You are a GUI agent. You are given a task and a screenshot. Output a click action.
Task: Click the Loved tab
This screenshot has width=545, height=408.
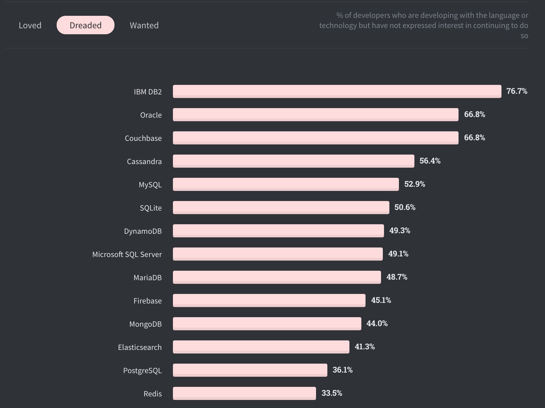pos(30,25)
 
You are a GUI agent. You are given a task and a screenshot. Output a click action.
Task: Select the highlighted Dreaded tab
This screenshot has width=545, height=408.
pos(86,25)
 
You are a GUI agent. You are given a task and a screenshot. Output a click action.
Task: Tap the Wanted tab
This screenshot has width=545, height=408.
pos(144,25)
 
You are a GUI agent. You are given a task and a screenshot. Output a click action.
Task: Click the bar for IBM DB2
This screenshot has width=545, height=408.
pos(337,91)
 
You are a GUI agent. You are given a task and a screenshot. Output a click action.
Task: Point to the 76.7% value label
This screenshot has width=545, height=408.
pos(517,91)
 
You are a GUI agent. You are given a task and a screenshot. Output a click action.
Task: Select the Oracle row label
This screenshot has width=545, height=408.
pos(151,115)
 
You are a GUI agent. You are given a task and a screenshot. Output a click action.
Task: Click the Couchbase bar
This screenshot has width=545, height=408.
pos(315,138)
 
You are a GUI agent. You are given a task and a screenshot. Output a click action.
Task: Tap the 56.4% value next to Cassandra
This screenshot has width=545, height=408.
pos(430,161)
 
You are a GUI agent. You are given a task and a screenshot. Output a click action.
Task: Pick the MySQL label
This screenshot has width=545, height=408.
pos(150,185)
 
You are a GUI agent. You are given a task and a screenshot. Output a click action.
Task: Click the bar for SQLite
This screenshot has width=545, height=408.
pos(281,207)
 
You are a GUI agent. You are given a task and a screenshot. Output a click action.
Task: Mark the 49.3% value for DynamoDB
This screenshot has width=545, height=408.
pos(400,231)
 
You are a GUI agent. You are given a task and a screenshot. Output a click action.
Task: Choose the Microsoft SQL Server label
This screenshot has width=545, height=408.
pos(127,254)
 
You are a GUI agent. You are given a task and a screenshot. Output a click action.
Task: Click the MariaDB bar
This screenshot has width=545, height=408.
pos(277,277)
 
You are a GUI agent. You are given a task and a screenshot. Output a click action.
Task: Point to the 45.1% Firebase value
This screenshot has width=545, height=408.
pos(381,300)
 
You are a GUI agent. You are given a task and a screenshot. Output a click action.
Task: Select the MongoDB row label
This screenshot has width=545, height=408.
pos(145,324)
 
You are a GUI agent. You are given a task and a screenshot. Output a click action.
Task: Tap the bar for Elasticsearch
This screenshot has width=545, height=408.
pos(261,347)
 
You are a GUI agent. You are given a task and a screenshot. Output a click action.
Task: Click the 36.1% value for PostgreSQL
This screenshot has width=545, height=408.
pos(343,370)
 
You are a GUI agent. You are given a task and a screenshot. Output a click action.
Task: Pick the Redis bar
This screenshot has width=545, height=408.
pos(244,393)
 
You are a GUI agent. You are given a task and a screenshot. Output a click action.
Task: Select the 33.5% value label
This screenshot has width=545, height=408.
pos(332,393)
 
